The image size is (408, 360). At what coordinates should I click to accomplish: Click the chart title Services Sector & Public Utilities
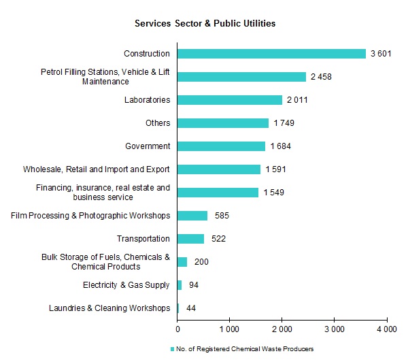[204, 23]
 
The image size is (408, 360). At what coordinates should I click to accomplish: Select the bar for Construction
[271, 54]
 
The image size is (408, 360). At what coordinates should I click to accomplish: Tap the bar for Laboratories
[230, 100]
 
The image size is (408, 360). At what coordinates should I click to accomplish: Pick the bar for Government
[221, 146]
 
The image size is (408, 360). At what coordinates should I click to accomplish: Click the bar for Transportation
[190, 239]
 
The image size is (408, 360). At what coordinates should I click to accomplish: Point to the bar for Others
[223, 123]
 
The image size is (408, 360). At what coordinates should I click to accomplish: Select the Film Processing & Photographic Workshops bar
[192, 216]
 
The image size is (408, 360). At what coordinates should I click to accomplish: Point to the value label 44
[191, 308]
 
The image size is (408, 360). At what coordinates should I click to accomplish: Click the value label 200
[202, 262]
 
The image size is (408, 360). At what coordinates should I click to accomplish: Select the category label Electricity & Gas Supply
[126, 285]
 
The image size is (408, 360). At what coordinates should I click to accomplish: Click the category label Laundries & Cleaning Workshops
[109, 308]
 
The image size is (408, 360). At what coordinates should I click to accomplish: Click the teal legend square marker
[172, 349]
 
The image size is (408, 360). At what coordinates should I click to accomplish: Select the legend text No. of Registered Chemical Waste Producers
[245, 349]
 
